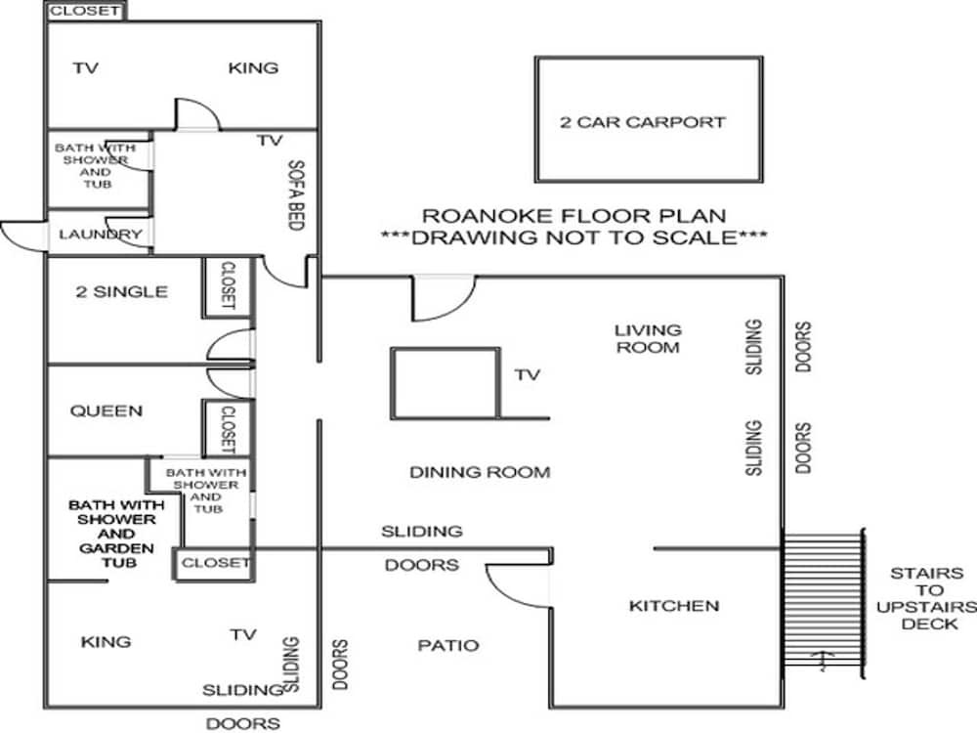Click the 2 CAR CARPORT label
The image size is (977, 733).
pos(643,121)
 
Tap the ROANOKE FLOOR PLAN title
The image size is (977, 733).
pos(573,216)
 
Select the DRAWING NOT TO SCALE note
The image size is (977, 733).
pos(573,237)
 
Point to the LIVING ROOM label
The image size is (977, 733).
pos(648,338)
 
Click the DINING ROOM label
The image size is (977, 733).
pos(480,472)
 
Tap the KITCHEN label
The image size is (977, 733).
pos(674,605)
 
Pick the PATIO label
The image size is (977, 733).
pos(448,645)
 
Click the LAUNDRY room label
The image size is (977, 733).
pos(101,235)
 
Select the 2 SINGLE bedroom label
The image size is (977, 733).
pos(121,291)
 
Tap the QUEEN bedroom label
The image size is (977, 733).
pos(106,410)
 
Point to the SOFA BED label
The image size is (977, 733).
pos(296,195)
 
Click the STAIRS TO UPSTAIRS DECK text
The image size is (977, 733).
pos(926,598)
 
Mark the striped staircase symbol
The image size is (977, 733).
pos(823,604)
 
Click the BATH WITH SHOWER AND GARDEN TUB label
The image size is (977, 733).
pos(116,534)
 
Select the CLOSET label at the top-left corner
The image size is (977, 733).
pos(85,11)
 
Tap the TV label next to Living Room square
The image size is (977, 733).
pos(528,374)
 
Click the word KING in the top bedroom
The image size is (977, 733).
pos(253,68)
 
